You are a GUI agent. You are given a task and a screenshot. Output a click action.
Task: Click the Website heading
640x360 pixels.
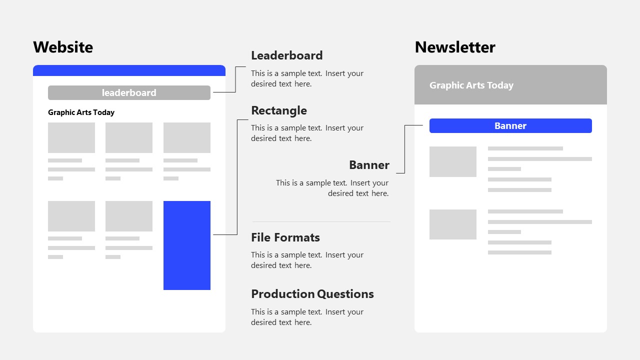coord(63,47)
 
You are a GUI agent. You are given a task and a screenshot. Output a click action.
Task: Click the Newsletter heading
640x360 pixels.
coord(455,47)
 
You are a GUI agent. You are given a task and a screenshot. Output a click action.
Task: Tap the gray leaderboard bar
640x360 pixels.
coord(129,92)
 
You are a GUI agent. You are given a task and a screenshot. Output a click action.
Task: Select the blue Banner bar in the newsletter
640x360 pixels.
coord(510,126)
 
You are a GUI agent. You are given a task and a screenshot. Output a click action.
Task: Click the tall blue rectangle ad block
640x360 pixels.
coord(186,245)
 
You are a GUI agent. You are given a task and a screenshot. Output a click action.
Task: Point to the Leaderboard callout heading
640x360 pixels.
coord(287,55)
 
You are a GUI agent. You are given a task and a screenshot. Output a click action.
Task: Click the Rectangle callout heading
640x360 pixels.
coord(279,110)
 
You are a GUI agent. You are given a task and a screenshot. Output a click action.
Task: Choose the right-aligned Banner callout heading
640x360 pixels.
coord(369,165)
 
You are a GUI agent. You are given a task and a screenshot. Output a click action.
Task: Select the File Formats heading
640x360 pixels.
coord(285,237)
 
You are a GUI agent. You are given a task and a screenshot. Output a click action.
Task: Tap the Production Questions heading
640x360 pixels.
coord(312,294)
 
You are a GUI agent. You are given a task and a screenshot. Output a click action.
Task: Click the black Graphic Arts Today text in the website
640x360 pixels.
coord(81,112)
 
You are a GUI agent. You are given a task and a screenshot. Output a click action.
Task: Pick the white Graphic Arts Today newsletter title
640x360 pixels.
coord(471,85)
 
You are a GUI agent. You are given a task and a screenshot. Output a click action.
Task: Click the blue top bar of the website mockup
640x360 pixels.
coord(129,70)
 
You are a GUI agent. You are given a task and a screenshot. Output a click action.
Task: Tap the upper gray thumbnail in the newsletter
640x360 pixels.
coord(453,161)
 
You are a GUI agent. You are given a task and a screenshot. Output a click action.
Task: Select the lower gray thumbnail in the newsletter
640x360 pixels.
coord(453,224)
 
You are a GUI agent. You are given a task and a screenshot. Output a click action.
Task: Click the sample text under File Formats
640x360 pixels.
coord(307,260)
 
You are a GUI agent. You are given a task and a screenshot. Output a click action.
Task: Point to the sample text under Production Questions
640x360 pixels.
coord(307,317)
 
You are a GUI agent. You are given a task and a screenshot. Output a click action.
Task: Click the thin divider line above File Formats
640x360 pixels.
coord(321,221)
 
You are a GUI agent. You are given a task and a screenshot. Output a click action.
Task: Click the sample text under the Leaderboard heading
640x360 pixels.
coord(307,78)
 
